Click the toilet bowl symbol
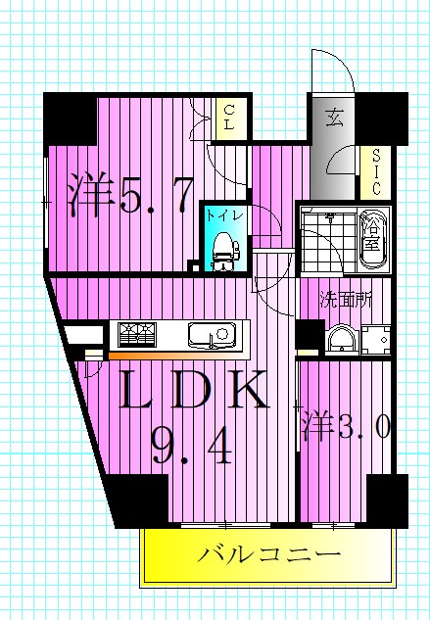point(223,250)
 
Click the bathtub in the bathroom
point(373,240)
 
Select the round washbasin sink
point(341,338)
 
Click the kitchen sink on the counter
point(211,336)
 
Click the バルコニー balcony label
point(270,555)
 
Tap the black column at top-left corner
point(68,118)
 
